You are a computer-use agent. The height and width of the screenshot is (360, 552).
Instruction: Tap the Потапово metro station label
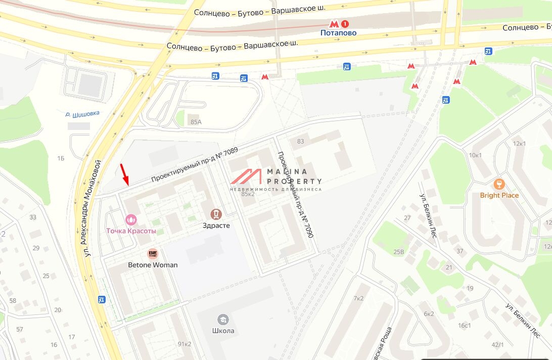(x=338, y=33)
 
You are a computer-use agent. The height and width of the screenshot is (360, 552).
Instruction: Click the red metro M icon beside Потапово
(x=334, y=24)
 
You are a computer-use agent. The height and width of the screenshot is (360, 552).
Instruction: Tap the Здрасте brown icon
(x=216, y=214)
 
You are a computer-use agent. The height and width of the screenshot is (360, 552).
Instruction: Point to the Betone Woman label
(x=153, y=265)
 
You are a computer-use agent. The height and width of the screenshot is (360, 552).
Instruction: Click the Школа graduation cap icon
(x=223, y=320)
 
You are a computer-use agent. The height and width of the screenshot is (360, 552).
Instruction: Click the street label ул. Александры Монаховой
(x=93, y=208)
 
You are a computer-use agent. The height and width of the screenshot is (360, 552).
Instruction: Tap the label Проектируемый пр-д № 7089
(x=194, y=165)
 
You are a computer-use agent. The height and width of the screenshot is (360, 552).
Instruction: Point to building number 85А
(x=196, y=122)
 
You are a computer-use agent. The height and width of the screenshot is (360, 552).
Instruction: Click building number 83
(x=301, y=141)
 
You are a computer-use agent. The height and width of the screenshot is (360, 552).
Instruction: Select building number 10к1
(x=475, y=155)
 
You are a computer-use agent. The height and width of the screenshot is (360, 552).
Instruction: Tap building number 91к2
(x=184, y=344)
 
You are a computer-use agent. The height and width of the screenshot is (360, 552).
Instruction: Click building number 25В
(x=399, y=251)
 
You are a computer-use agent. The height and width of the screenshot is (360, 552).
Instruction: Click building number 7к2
(x=358, y=298)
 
